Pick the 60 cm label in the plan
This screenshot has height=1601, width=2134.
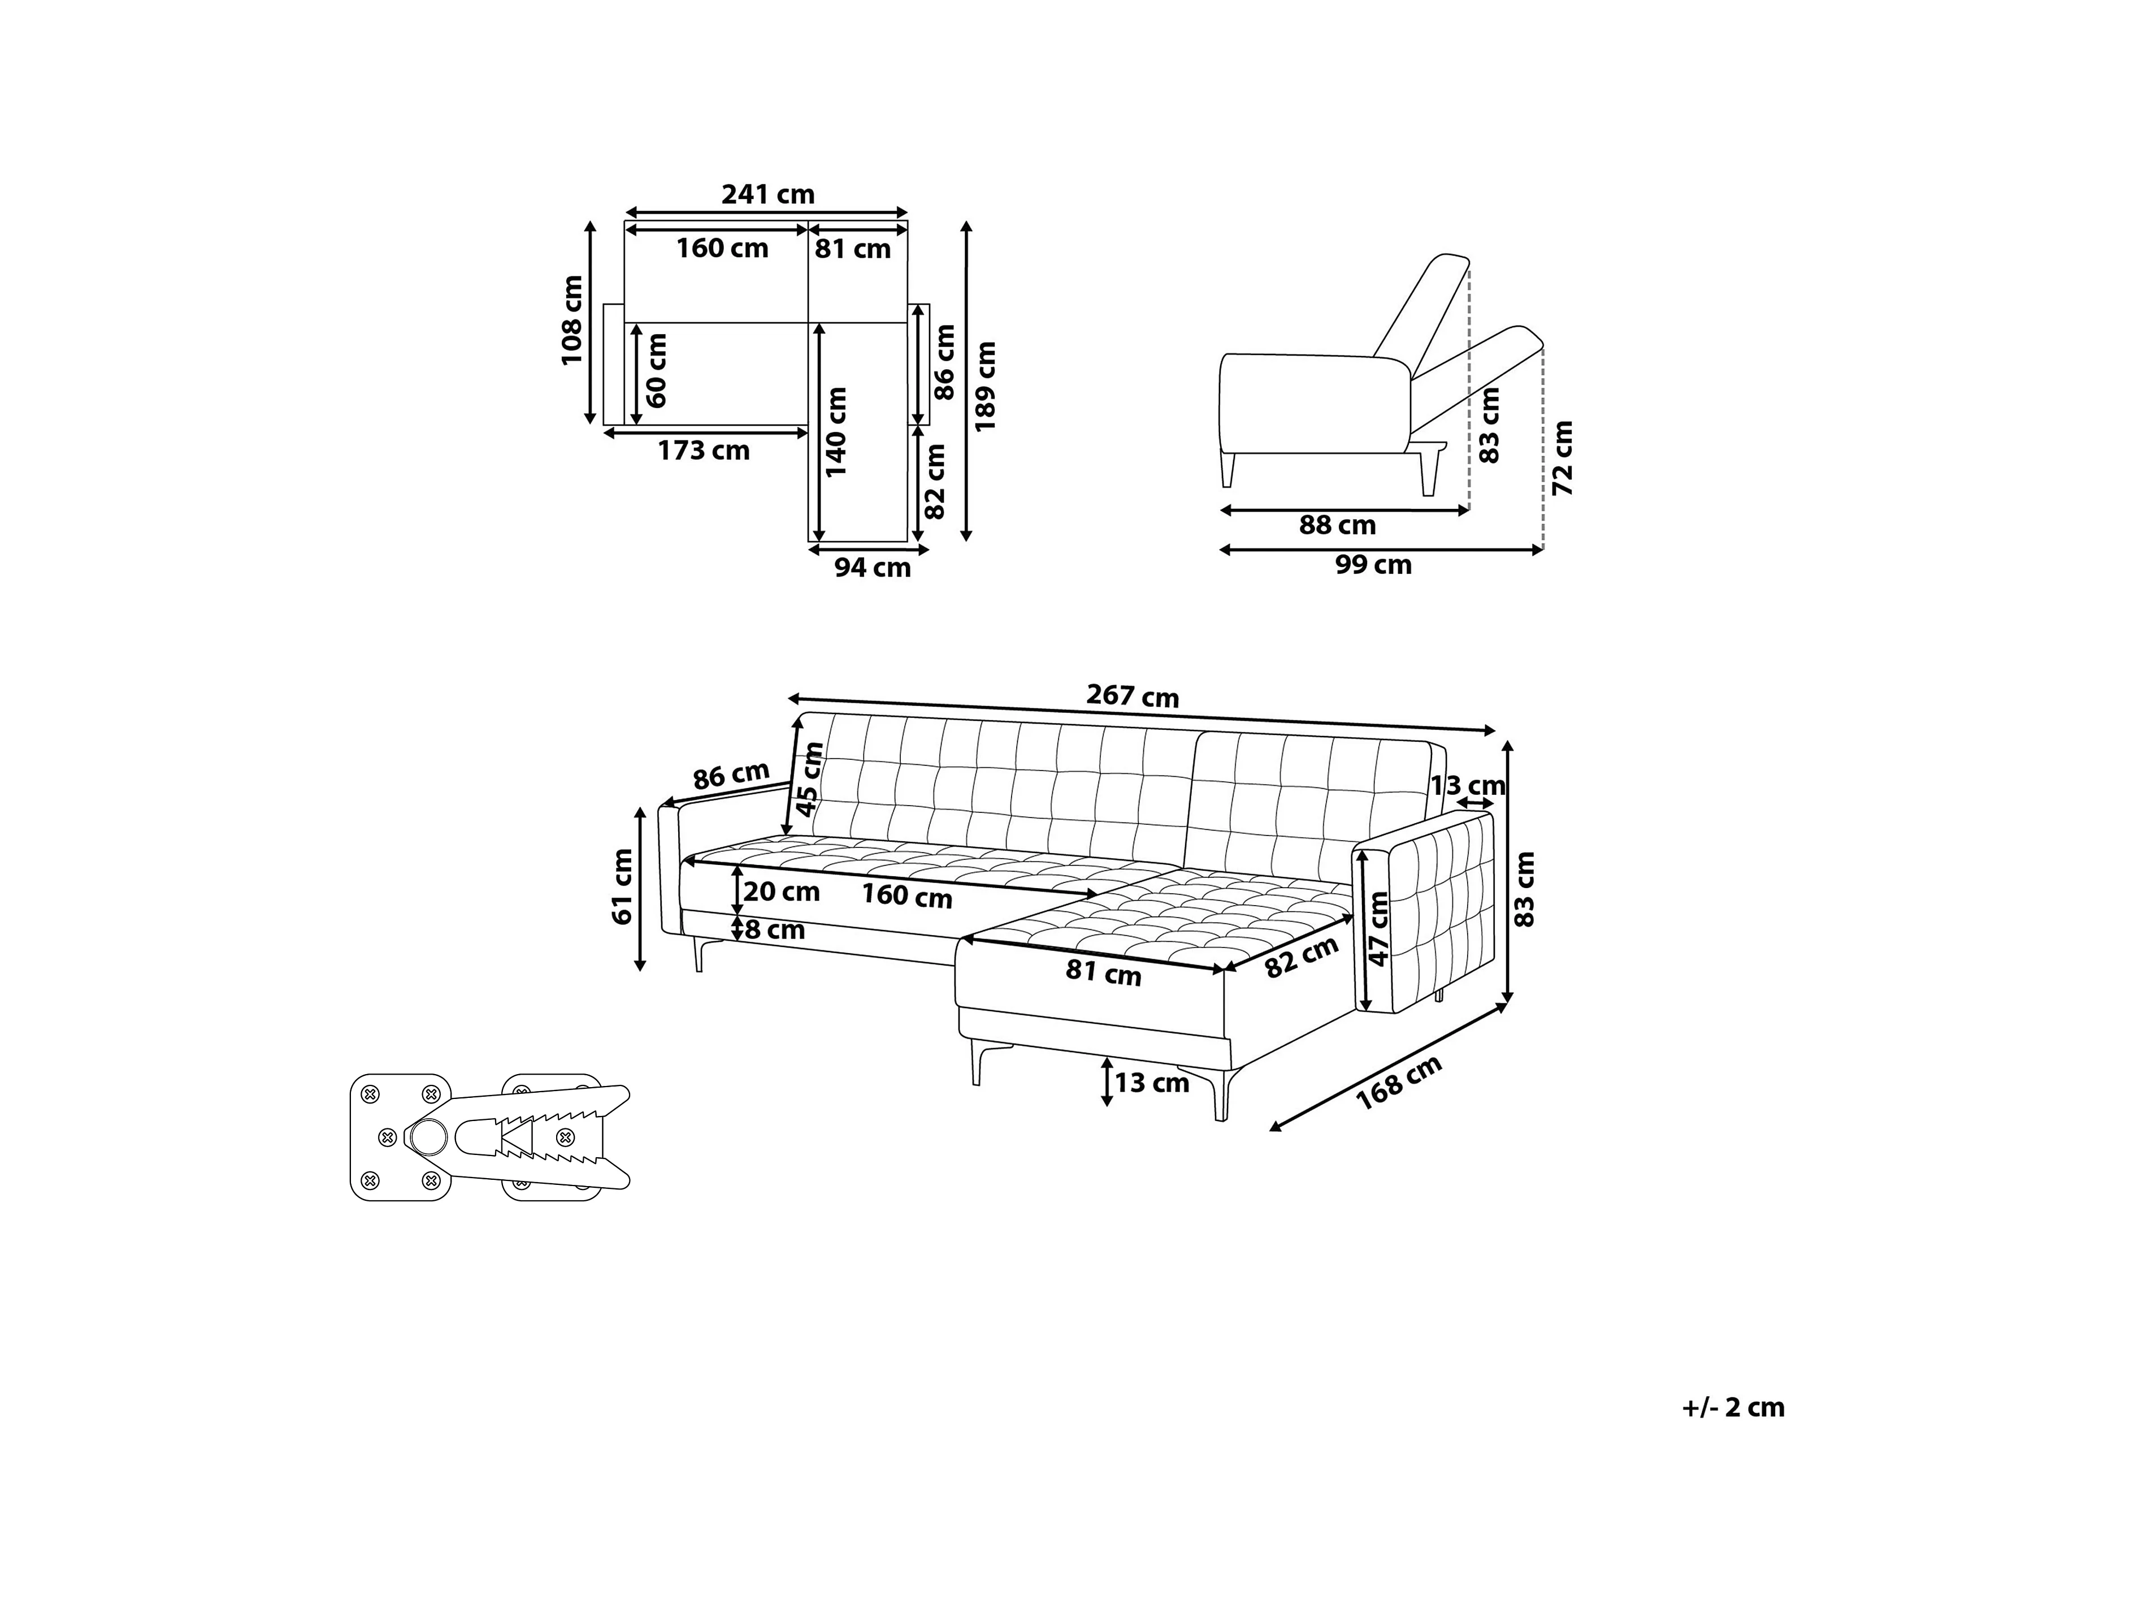(656, 371)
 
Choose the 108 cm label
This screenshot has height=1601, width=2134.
(572, 321)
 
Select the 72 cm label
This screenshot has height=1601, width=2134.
(1563, 458)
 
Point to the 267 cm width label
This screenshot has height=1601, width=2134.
(1133, 696)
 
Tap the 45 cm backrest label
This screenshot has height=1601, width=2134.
(810, 780)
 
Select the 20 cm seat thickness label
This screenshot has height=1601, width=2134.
(782, 892)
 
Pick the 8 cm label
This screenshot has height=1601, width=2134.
(775, 931)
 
